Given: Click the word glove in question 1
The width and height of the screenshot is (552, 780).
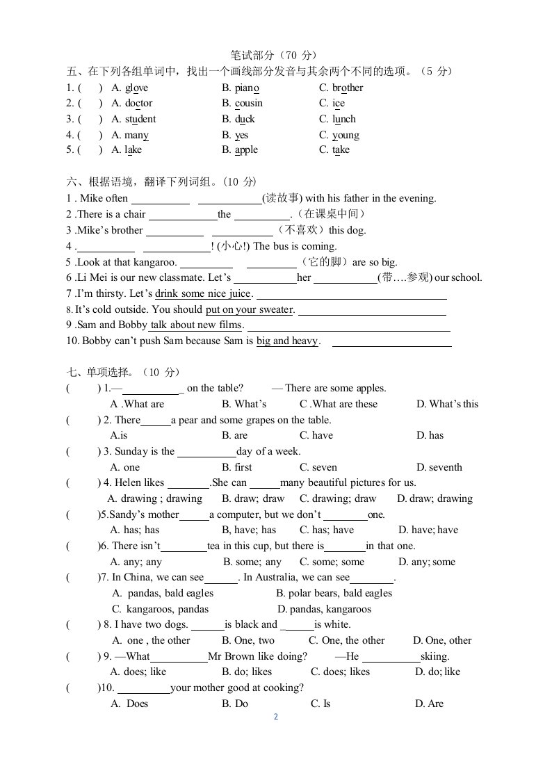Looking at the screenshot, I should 136,88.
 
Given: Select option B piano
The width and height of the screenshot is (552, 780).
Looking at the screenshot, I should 247,88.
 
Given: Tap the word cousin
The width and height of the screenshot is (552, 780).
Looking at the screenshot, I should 249,104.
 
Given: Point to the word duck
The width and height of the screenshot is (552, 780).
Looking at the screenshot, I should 245,119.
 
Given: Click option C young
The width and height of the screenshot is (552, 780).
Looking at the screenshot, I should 346,135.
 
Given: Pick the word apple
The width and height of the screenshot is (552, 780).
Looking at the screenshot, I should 246,149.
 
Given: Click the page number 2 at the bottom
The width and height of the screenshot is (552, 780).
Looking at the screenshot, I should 276,717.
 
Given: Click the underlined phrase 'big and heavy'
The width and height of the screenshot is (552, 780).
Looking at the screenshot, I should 286,341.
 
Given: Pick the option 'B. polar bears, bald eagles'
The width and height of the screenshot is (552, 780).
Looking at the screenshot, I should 334,593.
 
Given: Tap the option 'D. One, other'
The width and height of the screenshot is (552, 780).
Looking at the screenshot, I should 442,640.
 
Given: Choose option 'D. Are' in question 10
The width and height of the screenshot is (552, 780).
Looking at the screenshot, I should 429,704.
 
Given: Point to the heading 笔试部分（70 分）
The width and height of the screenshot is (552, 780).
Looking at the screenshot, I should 276,55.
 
